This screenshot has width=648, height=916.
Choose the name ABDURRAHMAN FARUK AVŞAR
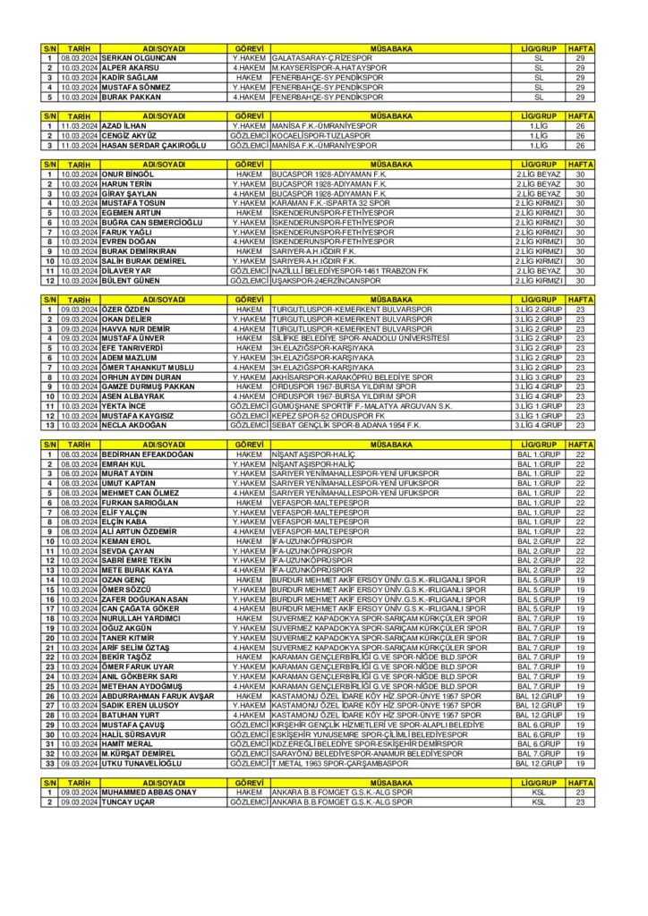click(158, 695)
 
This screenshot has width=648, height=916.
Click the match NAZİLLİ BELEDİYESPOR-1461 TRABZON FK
click(350, 270)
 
